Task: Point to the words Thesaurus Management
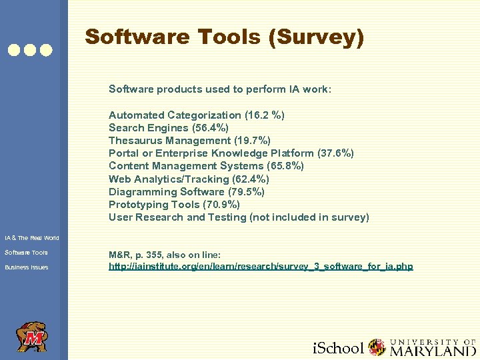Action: (x=170, y=141)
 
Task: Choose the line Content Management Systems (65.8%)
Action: (x=206, y=166)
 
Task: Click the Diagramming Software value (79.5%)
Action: (x=246, y=191)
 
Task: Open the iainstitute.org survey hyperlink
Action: (x=261, y=267)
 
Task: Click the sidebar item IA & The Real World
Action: (x=31, y=237)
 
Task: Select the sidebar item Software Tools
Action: (x=26, y=252)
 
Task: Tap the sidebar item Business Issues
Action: (x=26, y=267)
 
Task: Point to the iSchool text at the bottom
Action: (x=338, y=348)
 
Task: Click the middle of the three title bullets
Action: (x=30, y=49)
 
